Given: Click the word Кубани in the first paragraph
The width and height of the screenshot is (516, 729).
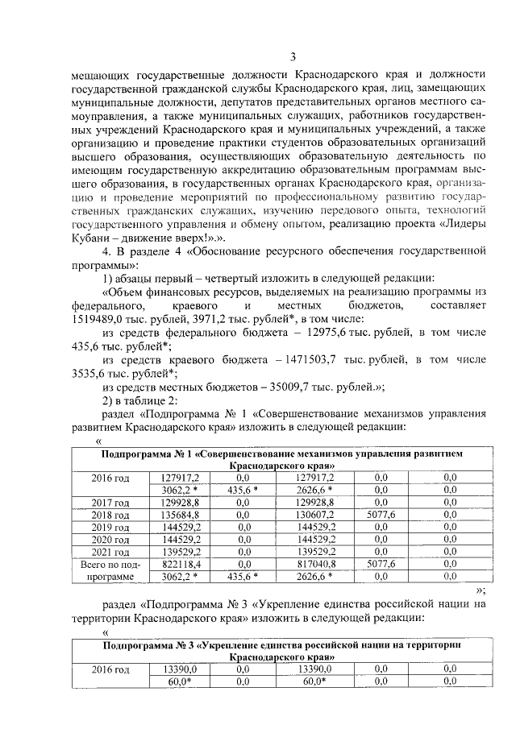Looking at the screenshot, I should click(x=92, y=239).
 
